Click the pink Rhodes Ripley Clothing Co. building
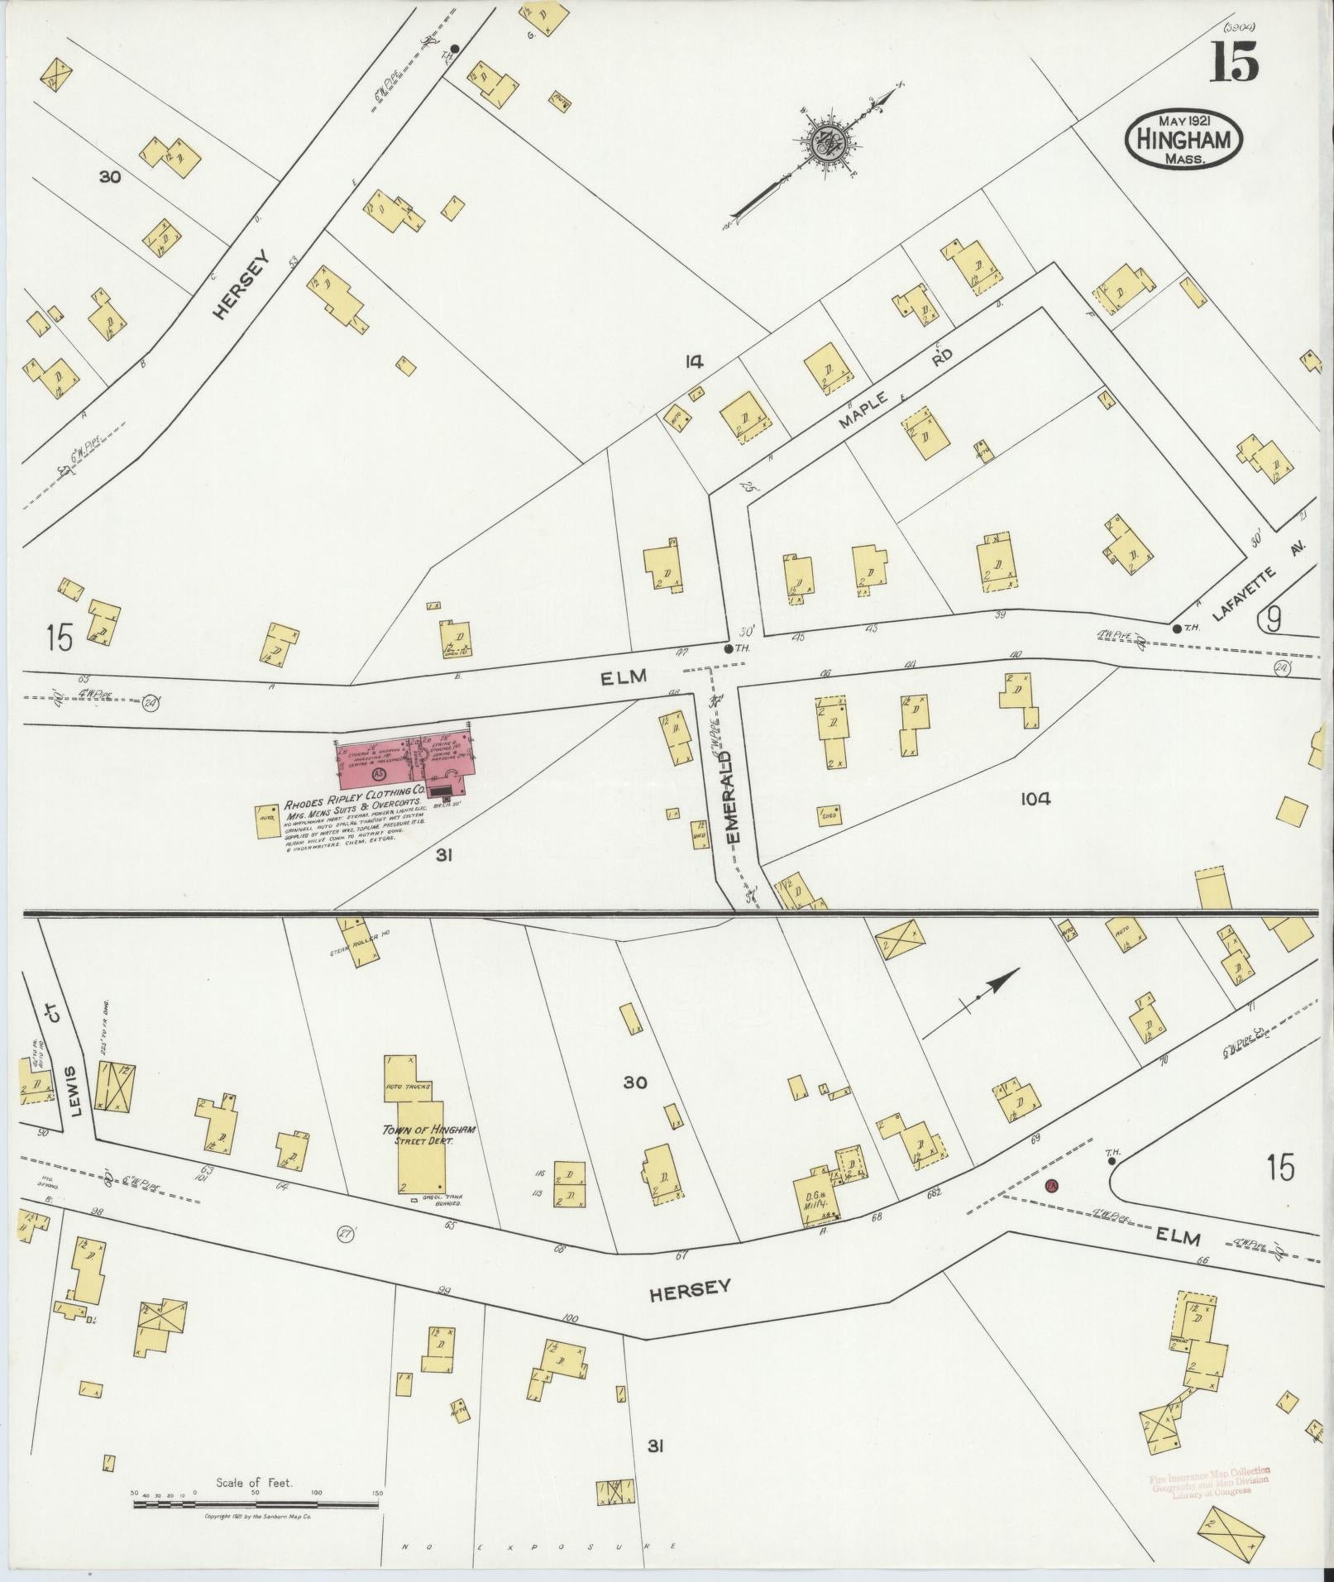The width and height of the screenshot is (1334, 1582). [x=404, y=762]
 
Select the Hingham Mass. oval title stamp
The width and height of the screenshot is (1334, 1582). [x=1183, y=140]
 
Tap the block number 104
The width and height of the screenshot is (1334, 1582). [x=1035, y=799]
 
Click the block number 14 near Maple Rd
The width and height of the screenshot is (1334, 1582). [x=693, y=361]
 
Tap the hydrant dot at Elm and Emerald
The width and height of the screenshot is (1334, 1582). [x=728, y=648]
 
